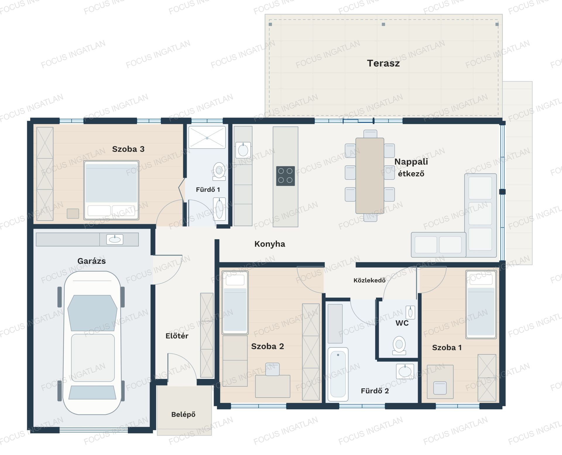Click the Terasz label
point(383,63)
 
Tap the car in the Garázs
point(92,342)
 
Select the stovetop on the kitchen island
point(285,176)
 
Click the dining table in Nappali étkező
point(370,176)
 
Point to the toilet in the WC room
point(399,345)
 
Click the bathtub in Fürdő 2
point(338,374)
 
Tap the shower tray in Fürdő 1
point(207,137)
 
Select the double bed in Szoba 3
point(111,190)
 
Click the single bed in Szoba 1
point(481,304)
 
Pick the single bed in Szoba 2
point(235,302)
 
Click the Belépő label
point(183,414)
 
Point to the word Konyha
point(270,244)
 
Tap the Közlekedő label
point(369,280)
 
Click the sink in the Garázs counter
point(115,239)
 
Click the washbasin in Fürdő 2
point(405,371)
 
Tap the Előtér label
point(177,336)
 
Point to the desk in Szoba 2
point(273,386)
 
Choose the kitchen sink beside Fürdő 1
point(243,150)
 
